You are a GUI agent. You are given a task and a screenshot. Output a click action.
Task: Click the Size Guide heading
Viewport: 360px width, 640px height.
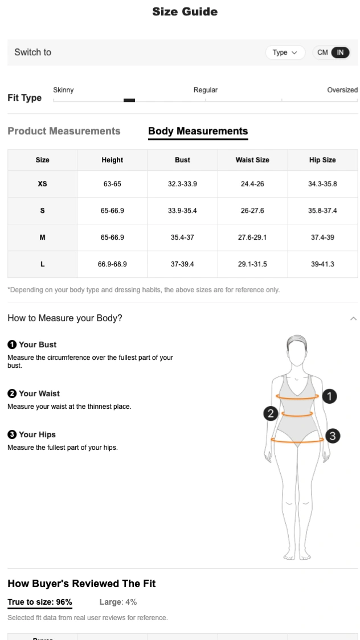click(x=185, y=12)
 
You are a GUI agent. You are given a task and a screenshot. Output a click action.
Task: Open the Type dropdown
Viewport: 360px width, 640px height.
click(x=284, y=52)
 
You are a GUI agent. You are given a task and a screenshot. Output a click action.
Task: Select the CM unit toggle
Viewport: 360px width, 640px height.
click(x=322, y=52)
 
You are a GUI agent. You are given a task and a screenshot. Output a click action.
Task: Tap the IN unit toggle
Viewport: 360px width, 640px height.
click(x=340, y=52)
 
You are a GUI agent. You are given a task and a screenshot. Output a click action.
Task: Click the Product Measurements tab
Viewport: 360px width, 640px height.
click(x=64, y=131)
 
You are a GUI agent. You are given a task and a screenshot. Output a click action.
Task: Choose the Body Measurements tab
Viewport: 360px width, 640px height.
click(x=198, y=131)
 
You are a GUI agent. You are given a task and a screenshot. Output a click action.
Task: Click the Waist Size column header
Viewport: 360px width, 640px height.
click(x=252, y=160)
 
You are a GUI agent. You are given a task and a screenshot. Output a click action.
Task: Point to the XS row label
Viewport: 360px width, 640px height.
click(x=42, y=184)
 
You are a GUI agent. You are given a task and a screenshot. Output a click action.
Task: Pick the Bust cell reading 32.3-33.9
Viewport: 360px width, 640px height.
click(x=182, y=184)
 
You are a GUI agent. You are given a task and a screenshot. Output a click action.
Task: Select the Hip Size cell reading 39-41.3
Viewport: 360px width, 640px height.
click(x=322, y=264)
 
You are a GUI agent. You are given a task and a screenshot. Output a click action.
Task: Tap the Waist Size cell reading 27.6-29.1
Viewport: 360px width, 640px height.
click(x=252, y=237)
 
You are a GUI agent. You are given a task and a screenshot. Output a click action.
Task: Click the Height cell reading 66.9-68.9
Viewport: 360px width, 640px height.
click(x=112, y=264)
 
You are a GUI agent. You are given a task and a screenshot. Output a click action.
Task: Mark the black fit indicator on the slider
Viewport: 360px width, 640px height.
click(x=129, y=100)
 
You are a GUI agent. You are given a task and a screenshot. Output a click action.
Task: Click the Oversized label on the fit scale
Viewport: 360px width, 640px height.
click(x=342, y=90)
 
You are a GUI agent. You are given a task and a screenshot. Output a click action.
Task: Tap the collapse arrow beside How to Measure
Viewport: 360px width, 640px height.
click(x=353, y=318)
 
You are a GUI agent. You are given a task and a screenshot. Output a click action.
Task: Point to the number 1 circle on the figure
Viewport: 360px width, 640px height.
click(x=329, y=396)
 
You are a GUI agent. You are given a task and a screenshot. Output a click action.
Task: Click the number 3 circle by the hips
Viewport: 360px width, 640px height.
click(x=332, y=436)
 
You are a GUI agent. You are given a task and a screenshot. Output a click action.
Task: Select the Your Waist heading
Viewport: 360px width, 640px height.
click(x=39, y=393)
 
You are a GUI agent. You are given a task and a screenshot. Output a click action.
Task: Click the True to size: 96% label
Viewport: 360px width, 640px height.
click(x=40, y=602)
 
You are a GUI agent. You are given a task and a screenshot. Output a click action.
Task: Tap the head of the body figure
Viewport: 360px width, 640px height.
click(x=297, y=351)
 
